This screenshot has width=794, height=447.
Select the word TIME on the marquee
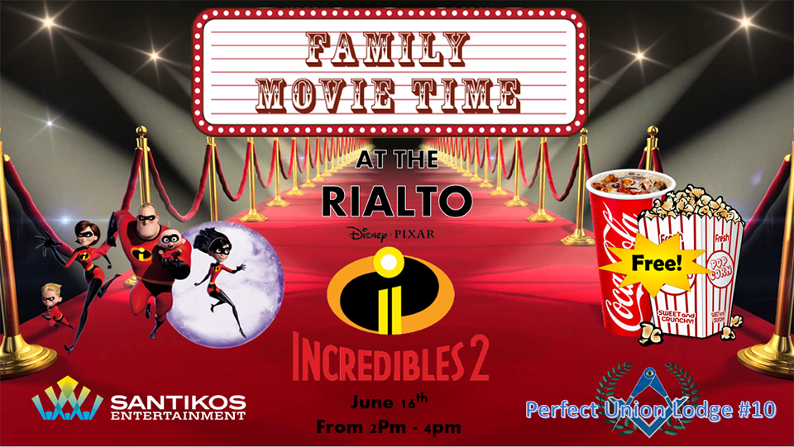click(466, 95)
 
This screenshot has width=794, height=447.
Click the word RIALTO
click(396, 201)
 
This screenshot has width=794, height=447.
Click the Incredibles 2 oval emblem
click(390, 292)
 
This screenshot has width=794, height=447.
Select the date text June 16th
click(389, 402)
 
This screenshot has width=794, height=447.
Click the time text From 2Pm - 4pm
click(389, 427)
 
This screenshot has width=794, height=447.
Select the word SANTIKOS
click(179, 402)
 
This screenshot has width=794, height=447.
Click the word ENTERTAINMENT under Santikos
click(179, 416)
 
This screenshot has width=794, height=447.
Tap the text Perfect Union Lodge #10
click(651, 408)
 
